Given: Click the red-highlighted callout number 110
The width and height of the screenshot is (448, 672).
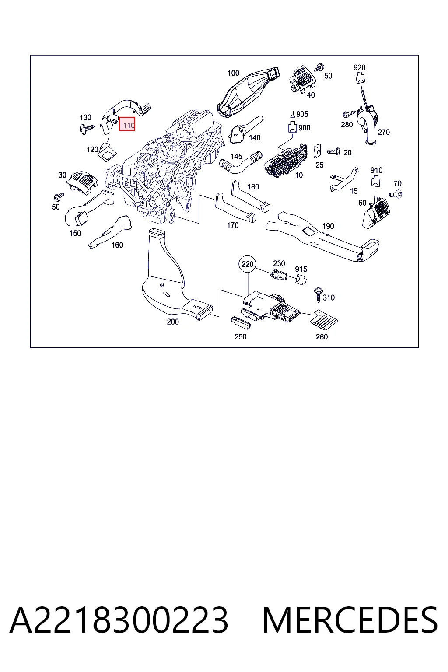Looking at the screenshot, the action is pyautogui.click(x=127, y=124).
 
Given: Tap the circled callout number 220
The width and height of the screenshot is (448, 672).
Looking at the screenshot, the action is pyautogui.click(x=248, y=264).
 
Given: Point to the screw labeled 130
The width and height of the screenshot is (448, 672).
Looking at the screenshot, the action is pyautogui.click(x=87, y=129).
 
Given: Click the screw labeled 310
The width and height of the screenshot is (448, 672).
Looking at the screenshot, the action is pyautogui.click(x=318, y=294).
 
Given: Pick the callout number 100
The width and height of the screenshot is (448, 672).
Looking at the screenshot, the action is pyautogui.click(x=233, y=73).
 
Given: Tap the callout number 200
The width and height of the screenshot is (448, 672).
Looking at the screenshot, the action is pyautogui.click(x=173, y=322).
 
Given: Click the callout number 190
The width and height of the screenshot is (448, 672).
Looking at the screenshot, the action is pyautogui.click(x=328, y=226).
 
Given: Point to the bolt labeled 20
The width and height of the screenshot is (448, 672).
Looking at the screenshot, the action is pyautogui.click(x=334, y=152).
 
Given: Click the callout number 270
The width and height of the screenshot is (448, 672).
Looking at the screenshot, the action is pyautogui.click(x=384, y=132).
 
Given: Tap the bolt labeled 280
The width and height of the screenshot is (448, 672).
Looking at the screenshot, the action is pyautogui.click(x=349, y=114).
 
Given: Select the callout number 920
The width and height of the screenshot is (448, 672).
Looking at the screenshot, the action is pyautogui.click(x=360, y=67).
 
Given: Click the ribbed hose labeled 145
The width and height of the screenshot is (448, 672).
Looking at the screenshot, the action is pyautogui.click(x=241, y=164).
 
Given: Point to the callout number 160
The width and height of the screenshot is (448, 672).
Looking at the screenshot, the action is pyautogui.click(x=117, y=245).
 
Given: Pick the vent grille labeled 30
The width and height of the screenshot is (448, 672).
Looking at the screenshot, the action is pyautogui.click(x=82, y=182).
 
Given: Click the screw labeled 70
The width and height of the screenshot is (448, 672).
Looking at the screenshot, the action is pyautogui.click(x=396, y=194).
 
